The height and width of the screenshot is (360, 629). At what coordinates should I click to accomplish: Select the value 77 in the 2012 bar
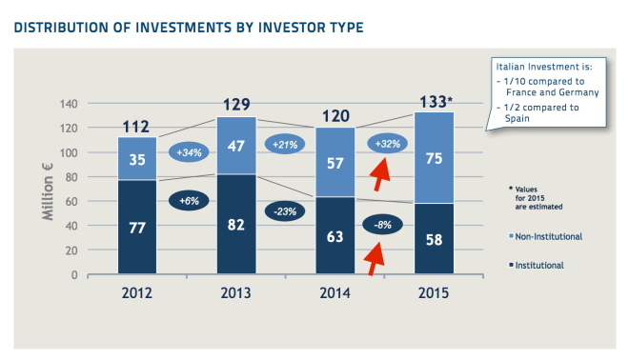137,229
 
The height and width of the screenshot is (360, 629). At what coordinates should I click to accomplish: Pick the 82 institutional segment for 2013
236,225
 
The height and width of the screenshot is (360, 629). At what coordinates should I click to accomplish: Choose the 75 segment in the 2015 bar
434,158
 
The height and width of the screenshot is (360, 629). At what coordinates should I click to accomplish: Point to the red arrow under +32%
381,174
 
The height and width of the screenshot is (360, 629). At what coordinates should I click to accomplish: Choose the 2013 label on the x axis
236,293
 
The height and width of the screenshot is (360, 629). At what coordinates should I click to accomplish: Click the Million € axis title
48,189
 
